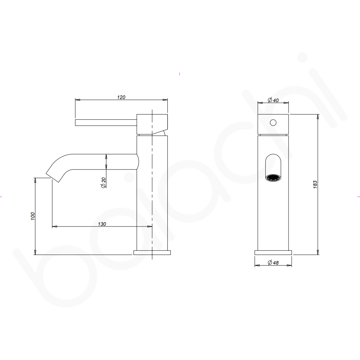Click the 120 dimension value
(121, 97)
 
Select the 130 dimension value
(102, 224)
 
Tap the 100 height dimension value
(32, 216)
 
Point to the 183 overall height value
(315, 184)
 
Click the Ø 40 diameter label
(273, 100)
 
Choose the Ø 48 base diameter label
(273, 262)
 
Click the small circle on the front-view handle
(273, 123)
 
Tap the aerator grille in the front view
(273, 178)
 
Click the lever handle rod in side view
(106, 123)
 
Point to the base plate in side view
(152, 252)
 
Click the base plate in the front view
(273, 252)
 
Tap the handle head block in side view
(152, 124)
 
